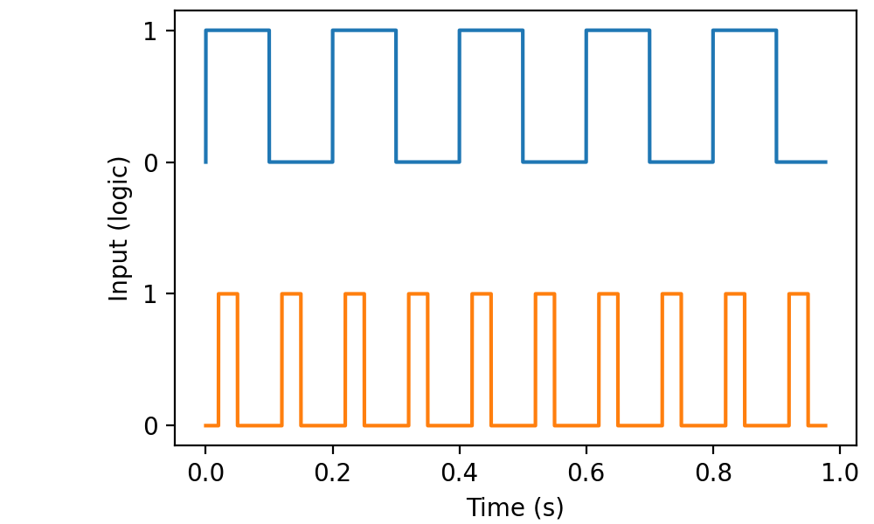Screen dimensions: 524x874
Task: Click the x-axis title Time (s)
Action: click(x=515, y=507)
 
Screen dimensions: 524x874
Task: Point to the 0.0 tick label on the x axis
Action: click(x=205, y=476)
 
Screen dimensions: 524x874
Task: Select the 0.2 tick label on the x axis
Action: click(x=332, y=476)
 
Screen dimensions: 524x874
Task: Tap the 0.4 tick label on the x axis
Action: click(x=459, y=476)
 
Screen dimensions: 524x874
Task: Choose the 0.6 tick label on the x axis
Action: click(x=586, y=476)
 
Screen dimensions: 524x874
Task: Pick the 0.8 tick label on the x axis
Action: click(x=712, y=476)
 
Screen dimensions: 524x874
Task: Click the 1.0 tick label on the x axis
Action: click(x=839, y=476)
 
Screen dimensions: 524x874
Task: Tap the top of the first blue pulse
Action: click(x=237, y=31)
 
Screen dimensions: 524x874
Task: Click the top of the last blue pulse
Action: click(x=744, y=31)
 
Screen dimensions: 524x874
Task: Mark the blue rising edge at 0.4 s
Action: click(x=459, y=96)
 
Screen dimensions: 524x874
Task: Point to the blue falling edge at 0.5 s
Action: click(x=523, y=96)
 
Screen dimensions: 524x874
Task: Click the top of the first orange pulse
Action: click(x=227, y=294)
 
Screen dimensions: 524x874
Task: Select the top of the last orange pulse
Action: click(x=798, y=294)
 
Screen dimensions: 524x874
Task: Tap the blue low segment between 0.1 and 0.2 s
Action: click(x=301, y=162)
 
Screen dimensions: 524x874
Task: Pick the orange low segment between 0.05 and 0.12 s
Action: click(x=260, y=425)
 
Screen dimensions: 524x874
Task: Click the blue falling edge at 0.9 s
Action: click(x=776, y=96)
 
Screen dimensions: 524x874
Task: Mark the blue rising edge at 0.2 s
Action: click(x=332, y=96)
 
